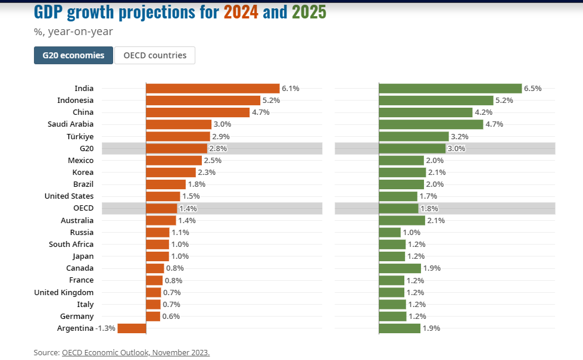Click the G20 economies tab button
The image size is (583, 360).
(73, 55)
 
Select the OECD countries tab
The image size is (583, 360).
(155, 55)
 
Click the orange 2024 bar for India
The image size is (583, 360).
(213, 88)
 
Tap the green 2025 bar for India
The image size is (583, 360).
(450, 88)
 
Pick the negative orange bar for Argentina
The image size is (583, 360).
(132, 328)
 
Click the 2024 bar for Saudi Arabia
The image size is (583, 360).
(179, 124)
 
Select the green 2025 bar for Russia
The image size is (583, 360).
(389, 233)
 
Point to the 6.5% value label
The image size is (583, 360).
(532, 89)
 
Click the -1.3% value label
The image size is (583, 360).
(105, 328)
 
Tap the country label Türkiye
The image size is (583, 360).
(80, 136)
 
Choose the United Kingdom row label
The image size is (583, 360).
(64, 292)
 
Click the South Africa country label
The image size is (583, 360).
(71, 244)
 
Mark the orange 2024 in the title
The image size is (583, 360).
(241, 12)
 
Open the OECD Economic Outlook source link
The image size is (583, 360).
(136, 352)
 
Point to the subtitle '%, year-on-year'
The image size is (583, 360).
(73, 32)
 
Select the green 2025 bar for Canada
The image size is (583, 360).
(400, 268)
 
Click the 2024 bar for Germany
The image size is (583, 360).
(153, 316)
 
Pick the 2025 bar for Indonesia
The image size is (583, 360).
(436, 101)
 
